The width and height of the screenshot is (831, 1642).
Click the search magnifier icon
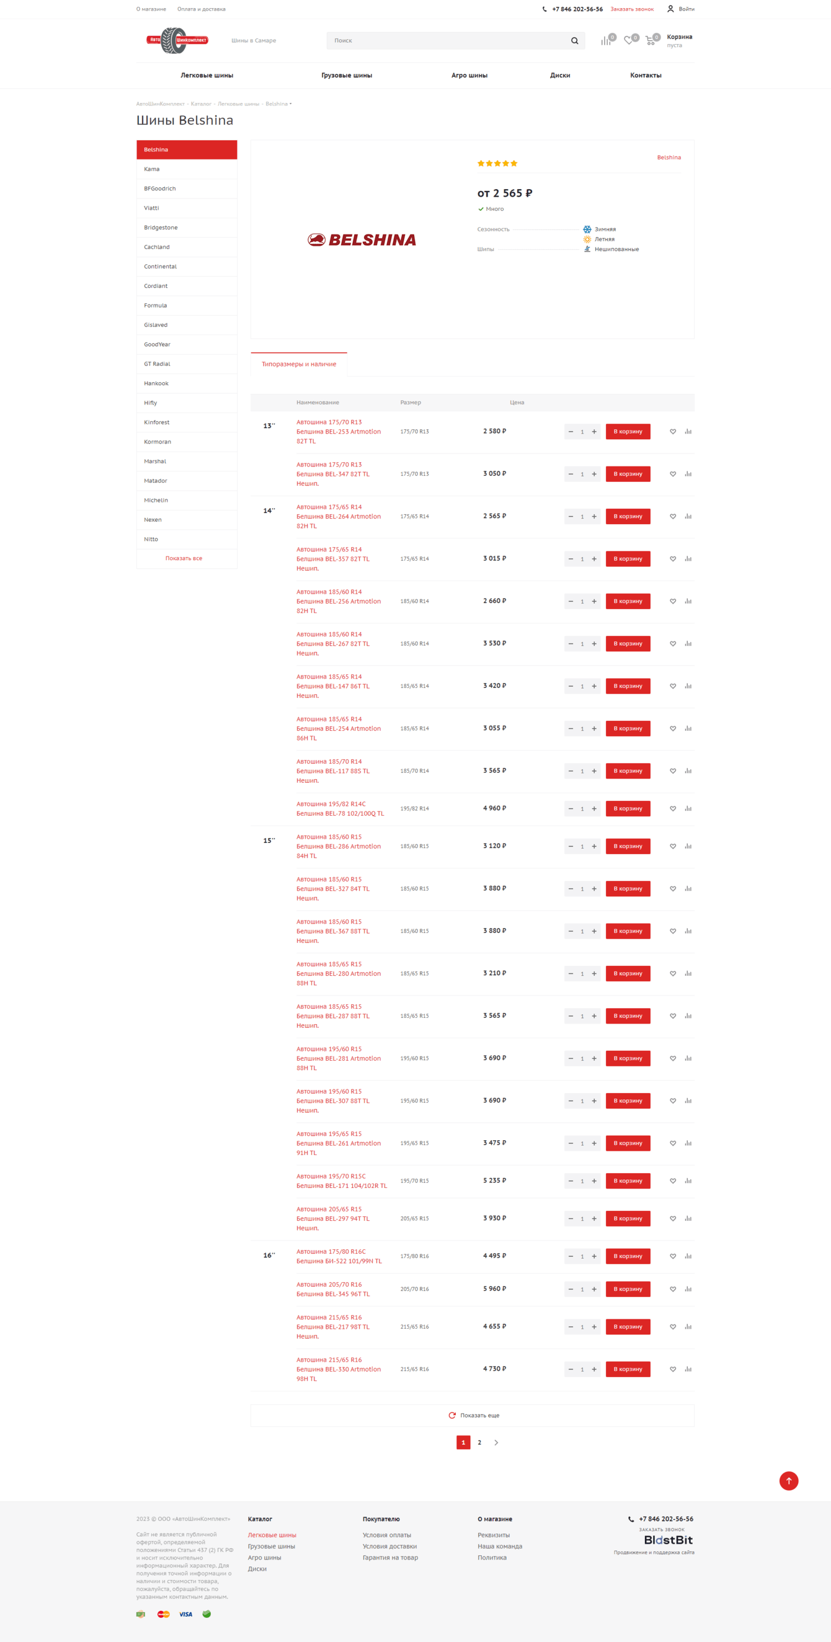(x=574, y=41)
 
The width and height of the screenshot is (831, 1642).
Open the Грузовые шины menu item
(x=347, y=75)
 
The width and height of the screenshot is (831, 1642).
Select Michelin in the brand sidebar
(x=156, y=501)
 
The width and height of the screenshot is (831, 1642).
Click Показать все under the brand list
(x=184, y=558)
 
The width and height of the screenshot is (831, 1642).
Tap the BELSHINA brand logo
(x=362, y=239)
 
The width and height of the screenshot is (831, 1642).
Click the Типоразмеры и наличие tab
(x=299, y=364)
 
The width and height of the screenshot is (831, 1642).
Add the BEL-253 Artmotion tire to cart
(x=628, y=432)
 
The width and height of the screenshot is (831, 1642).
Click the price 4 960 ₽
(x=494, y=808)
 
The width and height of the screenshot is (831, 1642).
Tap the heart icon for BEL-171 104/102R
(x=672, y=1181)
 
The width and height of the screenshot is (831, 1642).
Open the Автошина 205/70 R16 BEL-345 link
(x=332, y=1289)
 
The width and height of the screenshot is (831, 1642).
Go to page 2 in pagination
(x=479, y=1442)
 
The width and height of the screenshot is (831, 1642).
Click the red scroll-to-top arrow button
(x=788, y=1481)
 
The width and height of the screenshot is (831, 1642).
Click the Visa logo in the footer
(x=185, y=1614)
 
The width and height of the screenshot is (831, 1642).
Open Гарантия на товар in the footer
(x=390, y=1557)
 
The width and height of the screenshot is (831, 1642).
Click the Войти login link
(x=686, y=9)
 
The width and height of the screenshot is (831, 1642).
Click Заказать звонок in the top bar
(x=631, y=9)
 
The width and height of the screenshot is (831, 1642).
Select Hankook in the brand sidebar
(x=156, y=384)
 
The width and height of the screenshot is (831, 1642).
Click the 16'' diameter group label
(x=269, y=1256)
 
